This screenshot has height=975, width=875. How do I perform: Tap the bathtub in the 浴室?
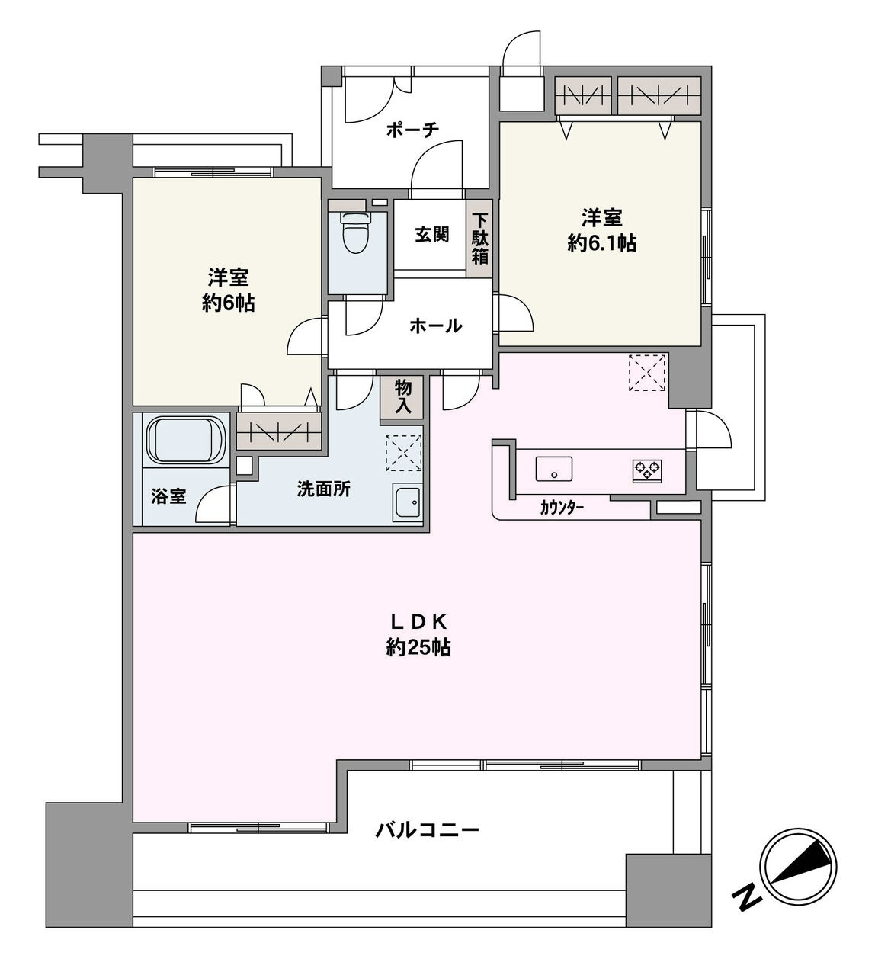(x=185, y=440)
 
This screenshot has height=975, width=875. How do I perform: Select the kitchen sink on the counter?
(x=554, y=467)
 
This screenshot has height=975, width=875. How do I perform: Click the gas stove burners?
(x=647, y=470)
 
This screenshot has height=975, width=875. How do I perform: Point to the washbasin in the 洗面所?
(x=409, y=502)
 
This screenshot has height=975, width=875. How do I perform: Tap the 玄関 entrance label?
(x=431, y=235)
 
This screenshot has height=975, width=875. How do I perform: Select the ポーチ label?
(x=412, y=130)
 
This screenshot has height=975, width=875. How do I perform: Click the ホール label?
(x=435, y=326)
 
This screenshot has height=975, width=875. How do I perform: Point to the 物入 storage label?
(x=402, y=397)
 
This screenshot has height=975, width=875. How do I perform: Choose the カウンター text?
(x=562, y=506)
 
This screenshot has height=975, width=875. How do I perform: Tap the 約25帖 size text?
(x=418, y=648)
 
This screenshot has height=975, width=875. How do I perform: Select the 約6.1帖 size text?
(x=602, y=243)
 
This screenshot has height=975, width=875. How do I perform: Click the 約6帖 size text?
(x=228, y=303)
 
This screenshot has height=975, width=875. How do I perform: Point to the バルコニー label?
(x=427, y=829)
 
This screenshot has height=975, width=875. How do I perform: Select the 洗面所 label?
(x=324, y=489)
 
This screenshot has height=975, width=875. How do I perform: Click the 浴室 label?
(x=168, y=496)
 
